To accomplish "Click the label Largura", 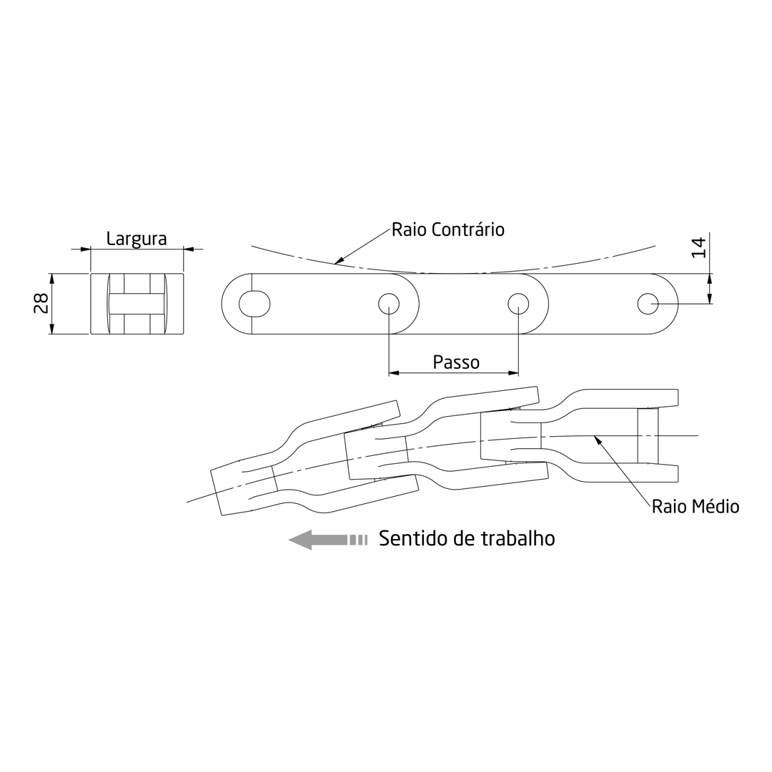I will tap(137, 239).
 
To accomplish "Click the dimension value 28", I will tap(41, 303).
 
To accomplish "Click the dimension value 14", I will tap(698, 247).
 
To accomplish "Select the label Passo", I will tap(456, 362).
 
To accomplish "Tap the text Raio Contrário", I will tap(448, 229).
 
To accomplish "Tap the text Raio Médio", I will tap(695, 508).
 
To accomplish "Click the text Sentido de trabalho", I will tap(467, 539).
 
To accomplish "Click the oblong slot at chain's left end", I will tap(254, 304).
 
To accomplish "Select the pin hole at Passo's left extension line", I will tap(389, 304).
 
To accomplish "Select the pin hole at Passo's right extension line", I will tap(518, 304).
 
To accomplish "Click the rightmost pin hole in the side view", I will tap(648, 304).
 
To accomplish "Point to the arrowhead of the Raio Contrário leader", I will tap(339, 261).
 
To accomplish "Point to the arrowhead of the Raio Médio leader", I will tap(598, 440).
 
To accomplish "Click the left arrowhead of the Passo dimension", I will tap(394, 372).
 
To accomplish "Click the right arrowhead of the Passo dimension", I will tap(513, 372).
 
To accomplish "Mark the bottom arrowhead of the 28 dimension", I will tap(51, 329).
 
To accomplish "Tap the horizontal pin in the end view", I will tap(137, 304).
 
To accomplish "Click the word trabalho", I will tap(518, 539).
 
